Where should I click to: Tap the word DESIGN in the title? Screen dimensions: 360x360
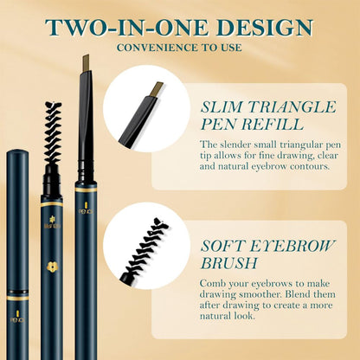[260, 26]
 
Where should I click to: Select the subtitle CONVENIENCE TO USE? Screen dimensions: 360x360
[179, 47]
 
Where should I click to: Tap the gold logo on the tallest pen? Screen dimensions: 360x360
[84, 209]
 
